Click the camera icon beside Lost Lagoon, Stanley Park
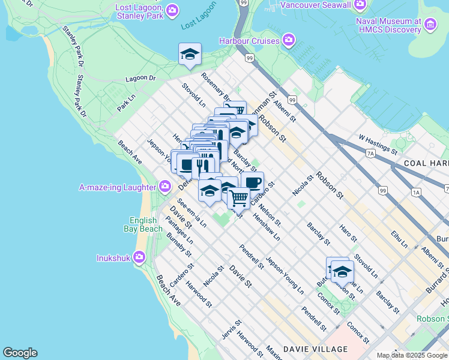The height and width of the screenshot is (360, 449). tap(172, 10)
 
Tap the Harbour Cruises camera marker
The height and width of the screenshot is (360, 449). tap(289, 41)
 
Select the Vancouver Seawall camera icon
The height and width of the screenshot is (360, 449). tap(360, 5)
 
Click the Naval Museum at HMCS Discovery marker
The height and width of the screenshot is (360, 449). tap(430, 25)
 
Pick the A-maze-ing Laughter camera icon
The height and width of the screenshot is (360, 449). tap(164, 187)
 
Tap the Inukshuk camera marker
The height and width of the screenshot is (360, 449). tap(139, 258)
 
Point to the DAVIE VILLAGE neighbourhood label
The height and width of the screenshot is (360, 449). tap(315, 349)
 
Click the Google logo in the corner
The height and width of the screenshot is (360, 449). tap(20, 353)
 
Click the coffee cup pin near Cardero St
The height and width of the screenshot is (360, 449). tap(252, 182)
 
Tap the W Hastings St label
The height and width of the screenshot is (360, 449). tap(378, 144)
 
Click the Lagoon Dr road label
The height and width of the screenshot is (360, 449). tap(140, 79)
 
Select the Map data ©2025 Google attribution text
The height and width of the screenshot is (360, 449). tap(412, 355)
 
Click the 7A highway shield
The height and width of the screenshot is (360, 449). tap(370, 154)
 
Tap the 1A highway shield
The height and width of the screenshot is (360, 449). tap(416, 192)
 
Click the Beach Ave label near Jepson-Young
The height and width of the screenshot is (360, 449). tap(130, 152)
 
